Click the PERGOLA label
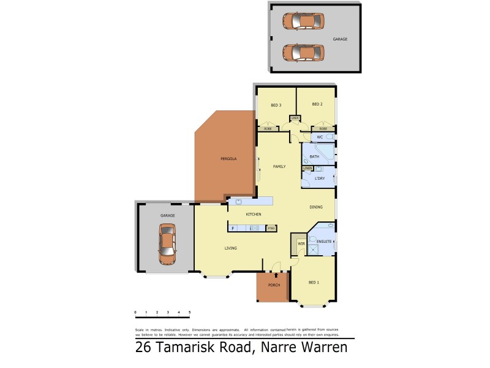228,159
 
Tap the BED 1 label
314,282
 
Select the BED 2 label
317,104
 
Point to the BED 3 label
276,105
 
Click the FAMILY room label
279,166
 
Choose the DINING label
316,207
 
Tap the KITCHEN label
254,214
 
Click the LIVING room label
230,248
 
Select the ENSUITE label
324,242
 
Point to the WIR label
300,244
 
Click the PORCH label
274,286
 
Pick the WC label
320,137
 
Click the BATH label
314,157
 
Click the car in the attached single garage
167,243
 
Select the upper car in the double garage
303,21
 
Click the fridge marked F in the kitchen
233,229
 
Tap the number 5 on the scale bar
190,312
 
